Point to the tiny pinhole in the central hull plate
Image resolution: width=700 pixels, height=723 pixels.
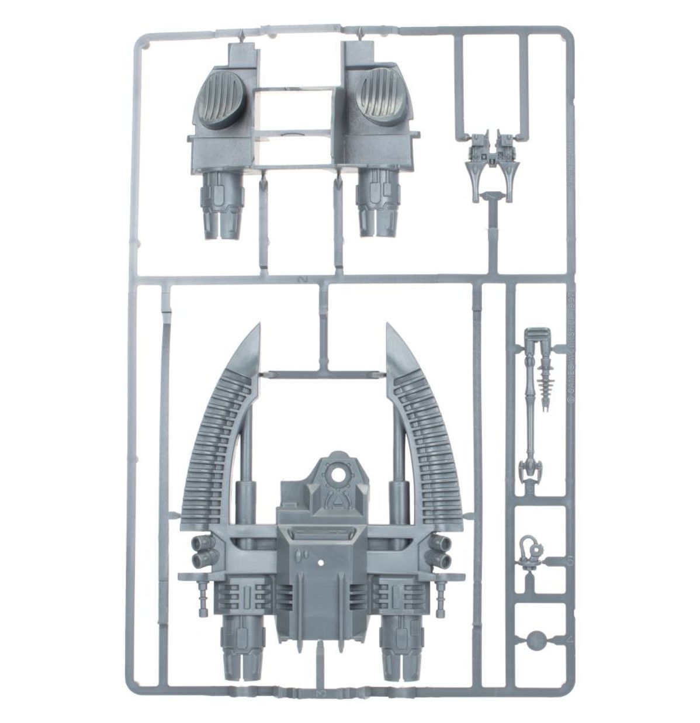coord(321,563)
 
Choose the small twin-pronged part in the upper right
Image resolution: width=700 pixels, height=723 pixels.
coord(493,158)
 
